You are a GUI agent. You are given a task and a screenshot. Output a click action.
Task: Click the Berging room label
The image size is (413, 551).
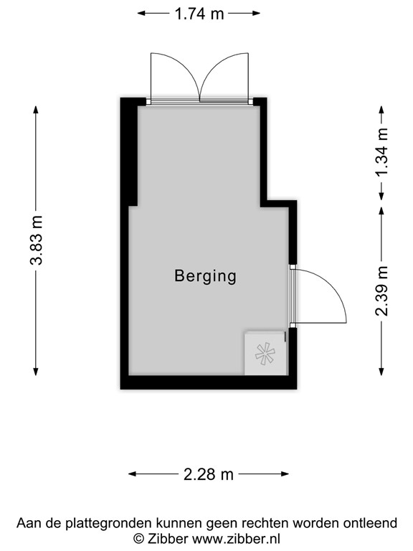pos(206,275)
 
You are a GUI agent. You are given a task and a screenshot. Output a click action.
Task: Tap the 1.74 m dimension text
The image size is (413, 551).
pos(199,14)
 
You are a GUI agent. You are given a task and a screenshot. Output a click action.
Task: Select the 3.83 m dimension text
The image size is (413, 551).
pos(37,240)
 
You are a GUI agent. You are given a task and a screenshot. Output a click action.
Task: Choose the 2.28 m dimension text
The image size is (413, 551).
pos(209,474)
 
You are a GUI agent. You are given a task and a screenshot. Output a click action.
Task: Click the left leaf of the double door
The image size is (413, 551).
pos(173,77)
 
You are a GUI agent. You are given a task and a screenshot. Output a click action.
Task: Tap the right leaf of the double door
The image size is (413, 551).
pos(227,77)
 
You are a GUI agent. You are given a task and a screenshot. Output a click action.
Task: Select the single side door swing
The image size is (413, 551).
pos(321,296)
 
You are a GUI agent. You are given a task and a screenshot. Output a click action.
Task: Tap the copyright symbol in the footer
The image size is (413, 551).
pos(138,538)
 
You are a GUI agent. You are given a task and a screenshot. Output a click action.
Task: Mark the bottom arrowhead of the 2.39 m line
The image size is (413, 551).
pos(382,370)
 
